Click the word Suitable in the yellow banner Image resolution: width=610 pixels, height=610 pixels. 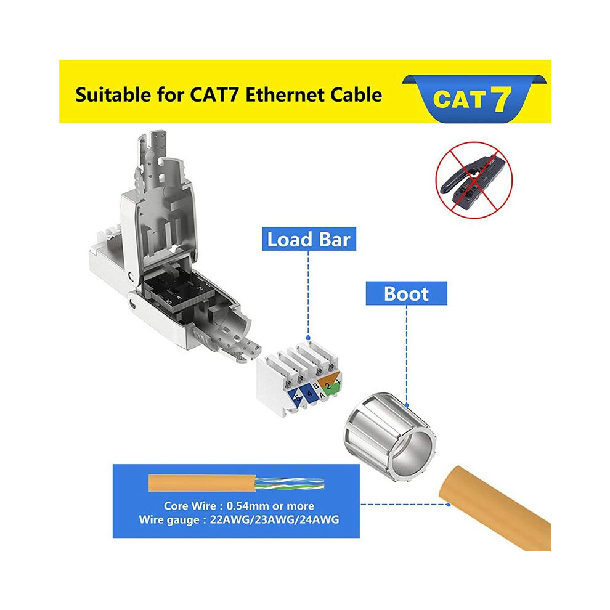pos(113,95)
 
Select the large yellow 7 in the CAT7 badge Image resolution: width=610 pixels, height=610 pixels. pos(501,99)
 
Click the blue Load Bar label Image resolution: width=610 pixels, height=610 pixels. pos(309,239)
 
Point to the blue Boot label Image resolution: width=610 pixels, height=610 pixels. pos(406,293)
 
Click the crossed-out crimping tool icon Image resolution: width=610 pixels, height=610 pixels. pos(474,180)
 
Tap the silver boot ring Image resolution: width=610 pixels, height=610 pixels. pos(389,436)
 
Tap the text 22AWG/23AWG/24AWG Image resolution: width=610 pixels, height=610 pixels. pos(274,519)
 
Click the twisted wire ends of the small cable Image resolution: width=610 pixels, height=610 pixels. pos(290,484)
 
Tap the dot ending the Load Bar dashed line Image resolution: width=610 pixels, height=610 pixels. pos(309,338)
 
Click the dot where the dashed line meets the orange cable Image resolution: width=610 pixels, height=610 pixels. pos(448,505)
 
